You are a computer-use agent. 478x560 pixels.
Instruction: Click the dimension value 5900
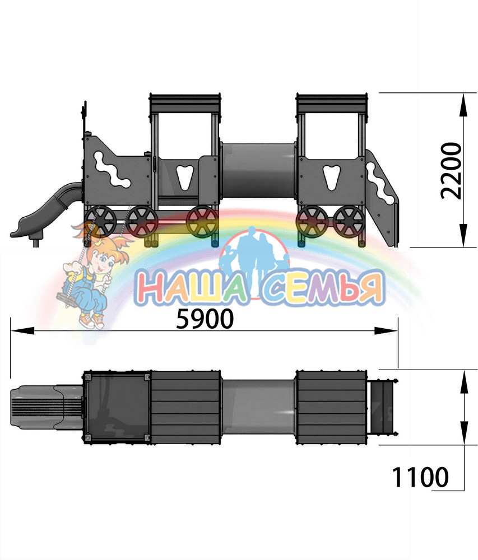pos(205,319)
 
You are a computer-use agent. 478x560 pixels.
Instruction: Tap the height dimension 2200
pos(451,170)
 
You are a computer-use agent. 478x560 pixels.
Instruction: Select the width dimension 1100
pos(420,477)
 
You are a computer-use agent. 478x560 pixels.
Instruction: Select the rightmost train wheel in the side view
pos(349,222)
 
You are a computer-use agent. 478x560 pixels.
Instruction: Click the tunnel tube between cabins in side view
pos(259,171)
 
